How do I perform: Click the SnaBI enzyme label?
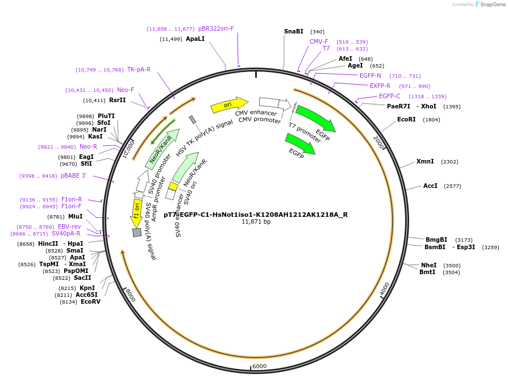[294, 31]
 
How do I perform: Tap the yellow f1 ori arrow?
[137, 212]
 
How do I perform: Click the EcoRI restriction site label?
[406, 119]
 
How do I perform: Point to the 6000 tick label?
[259, 366]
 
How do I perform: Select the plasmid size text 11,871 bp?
[256, 222]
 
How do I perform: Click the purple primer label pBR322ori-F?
[216, 28]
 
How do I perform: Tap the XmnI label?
[425, 161]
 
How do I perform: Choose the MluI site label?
[75, 216]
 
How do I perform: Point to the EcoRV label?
[90, 301]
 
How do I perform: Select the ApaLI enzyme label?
[195, 39]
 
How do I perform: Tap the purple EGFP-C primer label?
[389, 96]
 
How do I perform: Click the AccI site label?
[430, 186]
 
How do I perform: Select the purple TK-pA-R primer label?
[139, 69]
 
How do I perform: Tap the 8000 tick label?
[130, 295]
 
